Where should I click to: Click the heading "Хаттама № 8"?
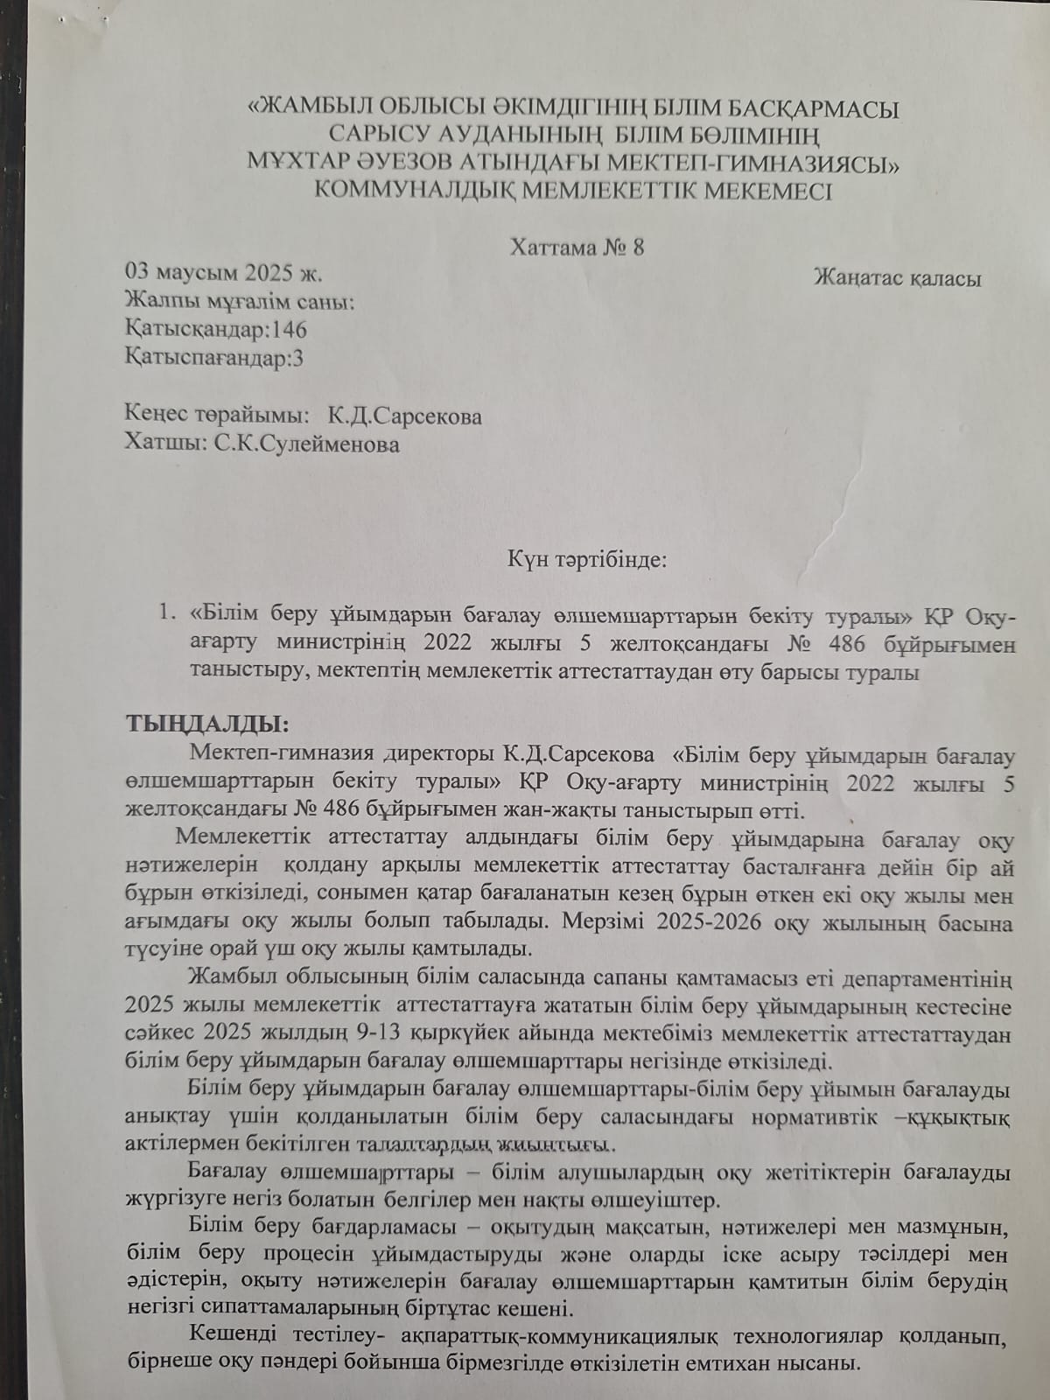[x=577, y=247]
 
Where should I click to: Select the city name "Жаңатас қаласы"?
[x=897, y=278]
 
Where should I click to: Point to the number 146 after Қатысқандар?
[x=289, y=330]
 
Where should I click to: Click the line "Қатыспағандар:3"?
[x=215, y=358]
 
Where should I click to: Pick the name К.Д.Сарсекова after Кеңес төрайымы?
[x=404, y=416]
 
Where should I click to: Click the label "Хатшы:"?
[x=165, y=444]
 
